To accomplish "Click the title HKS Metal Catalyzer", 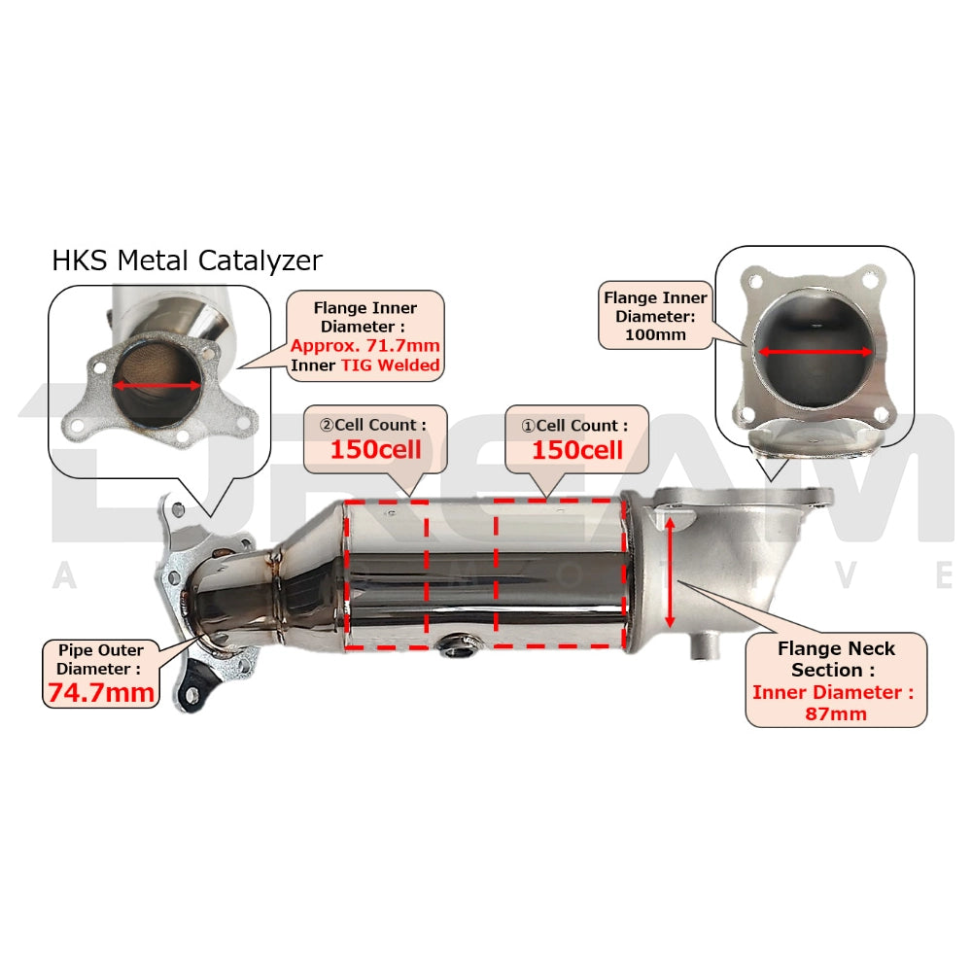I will pyautogui.click(x=187, y=260).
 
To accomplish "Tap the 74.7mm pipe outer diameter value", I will pyautogui.click(x=101, y=692).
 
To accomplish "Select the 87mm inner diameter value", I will pyautogui.click(x=835, y=714).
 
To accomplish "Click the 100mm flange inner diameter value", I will pyautogui.click(x=656, y=335).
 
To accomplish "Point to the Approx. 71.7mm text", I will pyautogui.click(x=364, y=346).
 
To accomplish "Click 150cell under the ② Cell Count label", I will pyautogui.click(x=375, y=450).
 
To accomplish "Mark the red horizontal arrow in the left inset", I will pyautogui.click(x=156, y=385).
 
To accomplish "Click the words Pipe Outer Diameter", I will pyautogui.click(x=99, y=658).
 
